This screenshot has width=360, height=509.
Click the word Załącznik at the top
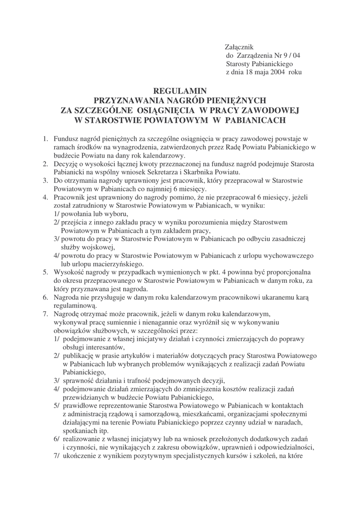click(x=240, y=47)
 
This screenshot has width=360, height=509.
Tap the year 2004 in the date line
click(x=277, y=72)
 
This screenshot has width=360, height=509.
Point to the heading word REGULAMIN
click(x=180, y=91)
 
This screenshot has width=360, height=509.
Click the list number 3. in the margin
click(x=45, y=180)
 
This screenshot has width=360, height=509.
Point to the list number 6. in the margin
click(x=45, y=297)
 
